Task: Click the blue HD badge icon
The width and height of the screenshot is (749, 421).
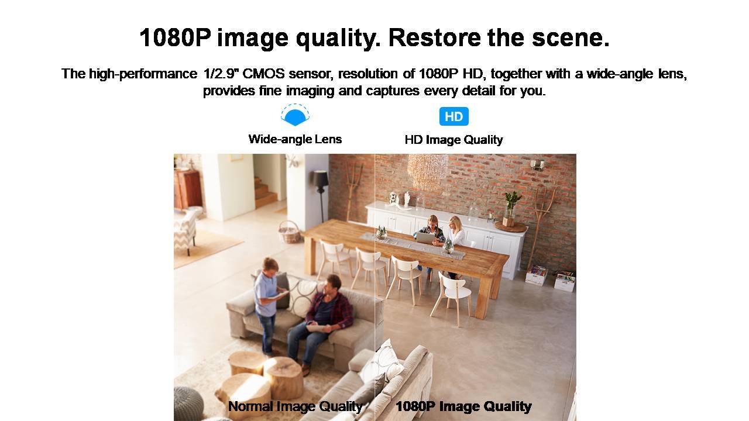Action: tap(453, 116)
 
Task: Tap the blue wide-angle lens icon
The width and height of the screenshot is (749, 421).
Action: tap(295, 115)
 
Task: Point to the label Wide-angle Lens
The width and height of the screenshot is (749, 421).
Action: tap(295, 139)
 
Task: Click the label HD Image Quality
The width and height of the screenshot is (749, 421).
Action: tap(453, 139)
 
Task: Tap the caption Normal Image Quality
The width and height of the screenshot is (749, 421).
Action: tap(296, 406)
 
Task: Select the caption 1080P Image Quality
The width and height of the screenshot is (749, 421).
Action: tap(463, 406)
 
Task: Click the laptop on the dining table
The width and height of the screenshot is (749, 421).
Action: tap(425, 237)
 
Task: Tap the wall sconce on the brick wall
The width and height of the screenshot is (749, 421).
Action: tap(537, 165)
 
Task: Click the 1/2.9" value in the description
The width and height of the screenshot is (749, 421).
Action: tap(221, 74)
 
